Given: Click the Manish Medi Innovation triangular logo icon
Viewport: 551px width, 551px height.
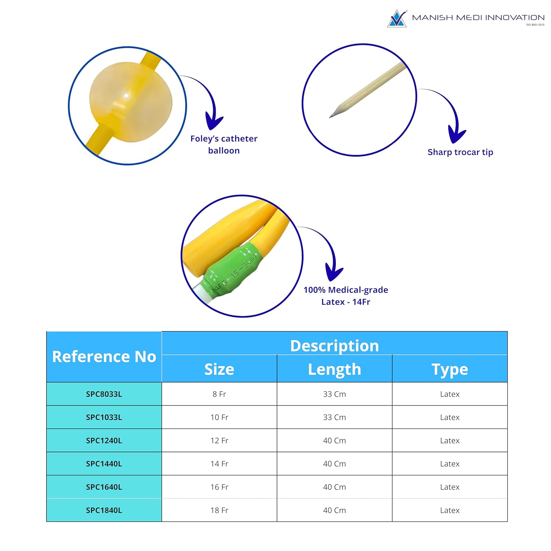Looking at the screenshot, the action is click(397, 19).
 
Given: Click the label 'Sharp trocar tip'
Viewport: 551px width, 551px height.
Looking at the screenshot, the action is click(460, 152).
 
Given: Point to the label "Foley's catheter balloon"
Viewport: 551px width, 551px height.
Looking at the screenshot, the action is click(224, 144).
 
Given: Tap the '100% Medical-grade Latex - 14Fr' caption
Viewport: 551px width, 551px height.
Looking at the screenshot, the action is click(346, 296).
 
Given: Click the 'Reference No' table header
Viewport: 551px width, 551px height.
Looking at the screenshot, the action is click(104, 357).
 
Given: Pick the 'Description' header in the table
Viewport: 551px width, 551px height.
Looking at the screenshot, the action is click(334, 346).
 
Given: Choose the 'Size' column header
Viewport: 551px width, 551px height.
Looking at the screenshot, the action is click(219, 369).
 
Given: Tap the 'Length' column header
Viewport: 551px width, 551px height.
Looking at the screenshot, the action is click(334, 370).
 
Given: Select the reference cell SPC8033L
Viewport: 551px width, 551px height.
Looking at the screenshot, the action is click(104, 394).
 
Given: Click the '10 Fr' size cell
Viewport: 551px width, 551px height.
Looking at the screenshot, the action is click(219, 417).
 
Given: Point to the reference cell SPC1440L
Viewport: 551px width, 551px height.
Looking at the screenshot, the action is click(104, 464).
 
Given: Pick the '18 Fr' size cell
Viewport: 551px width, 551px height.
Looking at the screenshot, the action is click(219, 510).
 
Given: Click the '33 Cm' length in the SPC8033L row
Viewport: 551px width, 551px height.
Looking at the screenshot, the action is click(334, 394).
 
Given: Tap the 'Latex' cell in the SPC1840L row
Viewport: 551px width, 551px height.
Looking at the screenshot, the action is click(450, 510).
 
